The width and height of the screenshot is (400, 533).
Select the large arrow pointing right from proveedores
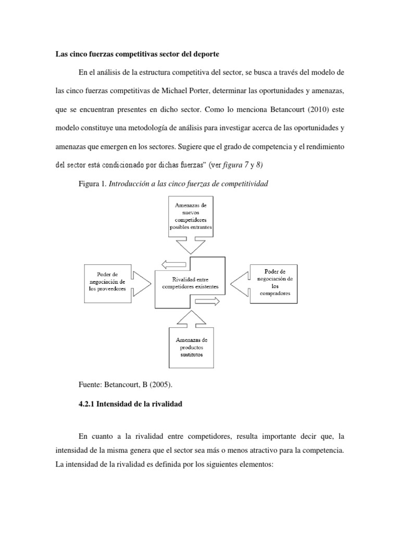[x=142, y=283]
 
